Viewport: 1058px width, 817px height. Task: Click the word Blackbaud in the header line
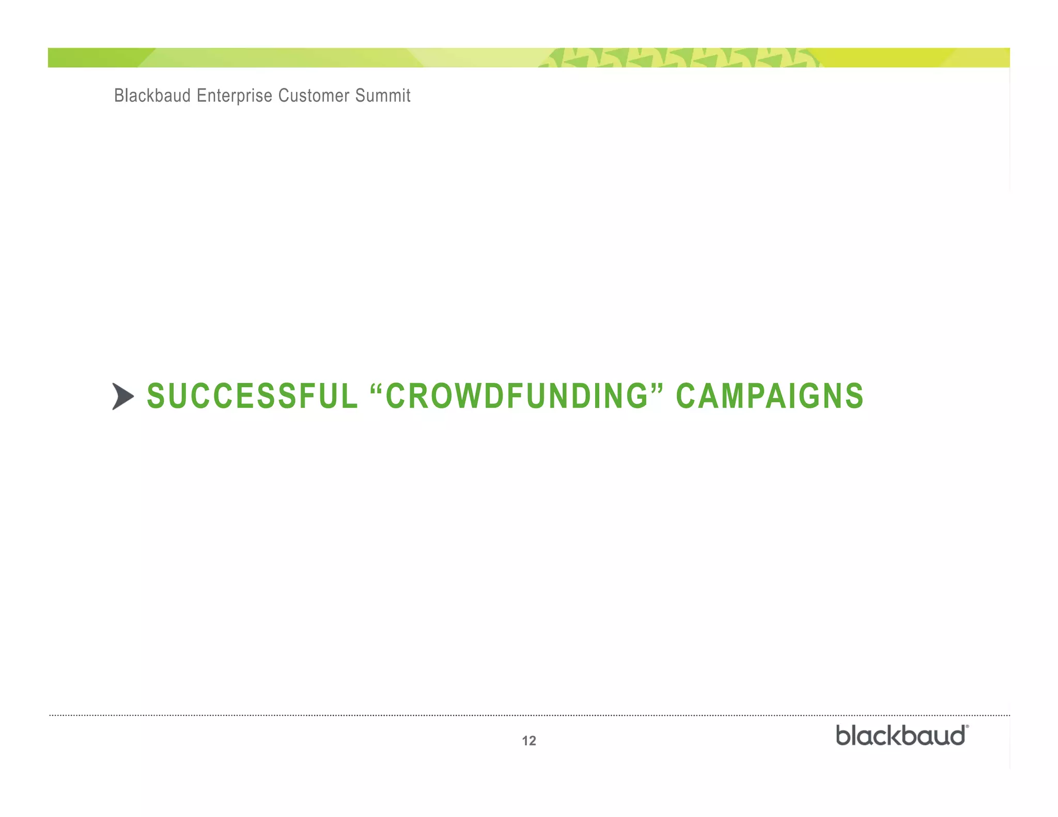click(x=152, y=96)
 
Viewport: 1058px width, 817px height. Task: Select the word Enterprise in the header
click(x=234, y=96)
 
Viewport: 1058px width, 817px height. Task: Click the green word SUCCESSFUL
click(x=252, y=396)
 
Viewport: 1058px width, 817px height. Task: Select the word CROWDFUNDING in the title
click(x=517, y=396)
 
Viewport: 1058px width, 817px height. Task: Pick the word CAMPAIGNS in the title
click(x=769, y=396)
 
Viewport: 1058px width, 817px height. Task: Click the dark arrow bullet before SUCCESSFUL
click(x=123, y=397)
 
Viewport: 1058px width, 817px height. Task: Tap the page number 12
click(x=529, y=741)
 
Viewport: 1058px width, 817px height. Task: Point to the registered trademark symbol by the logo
click(x=967, y=727)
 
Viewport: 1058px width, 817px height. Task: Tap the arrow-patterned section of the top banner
click(x=677, y=58)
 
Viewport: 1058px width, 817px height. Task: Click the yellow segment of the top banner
click(x=889, y=58)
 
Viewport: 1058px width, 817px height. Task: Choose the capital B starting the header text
click(x=118, y=96)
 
